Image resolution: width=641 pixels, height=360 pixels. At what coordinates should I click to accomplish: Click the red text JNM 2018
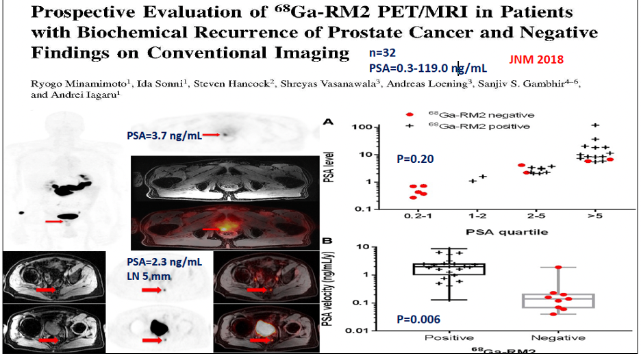pyautogui.click(x=536, y=60)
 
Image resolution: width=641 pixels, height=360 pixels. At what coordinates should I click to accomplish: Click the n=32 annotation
pyautogui.click(x=382, y=53)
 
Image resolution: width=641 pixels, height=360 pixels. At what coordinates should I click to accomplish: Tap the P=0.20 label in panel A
pyautogui.click(x=415, y=159)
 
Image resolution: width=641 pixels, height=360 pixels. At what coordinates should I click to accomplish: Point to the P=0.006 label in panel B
pyautogui.click(x=418, y=319)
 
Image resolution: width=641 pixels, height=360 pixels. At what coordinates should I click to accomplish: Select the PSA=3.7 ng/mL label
pyautogui.click(x=164, y=136)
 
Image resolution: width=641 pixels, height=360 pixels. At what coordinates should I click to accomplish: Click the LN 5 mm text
pyautogui.click(x=149, y=277)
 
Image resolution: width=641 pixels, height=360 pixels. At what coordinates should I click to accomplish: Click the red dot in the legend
pyautogui.click(x=410, y=115)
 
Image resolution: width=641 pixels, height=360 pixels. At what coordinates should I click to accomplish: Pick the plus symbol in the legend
pyautogui.click(x=410, y=126)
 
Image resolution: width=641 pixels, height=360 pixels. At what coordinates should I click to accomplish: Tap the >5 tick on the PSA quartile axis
pyautogui.click(x=595, y=216)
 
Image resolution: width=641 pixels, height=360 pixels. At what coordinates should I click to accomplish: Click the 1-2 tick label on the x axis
pyautogui.click(x=477, y=216)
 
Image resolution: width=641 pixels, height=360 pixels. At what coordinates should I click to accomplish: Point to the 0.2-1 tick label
pyautogui.click(x=418, y=216)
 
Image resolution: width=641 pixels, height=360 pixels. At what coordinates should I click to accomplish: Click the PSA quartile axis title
pyautogui.click(x=507, y=232)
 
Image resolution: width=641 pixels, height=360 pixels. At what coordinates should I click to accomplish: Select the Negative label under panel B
pyautogui.click(x=558, y=338)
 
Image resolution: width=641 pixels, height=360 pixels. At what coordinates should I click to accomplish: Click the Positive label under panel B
pyautogui.click(x=449, y=338)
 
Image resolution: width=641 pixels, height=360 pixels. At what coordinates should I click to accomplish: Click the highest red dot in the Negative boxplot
pyautogui.click(x=558, y=267)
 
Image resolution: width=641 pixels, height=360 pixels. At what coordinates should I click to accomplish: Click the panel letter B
pyautogui.click(x=327, y=241)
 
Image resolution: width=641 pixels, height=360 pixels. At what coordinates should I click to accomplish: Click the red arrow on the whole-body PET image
pyautogui.click(x=54, y=222)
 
